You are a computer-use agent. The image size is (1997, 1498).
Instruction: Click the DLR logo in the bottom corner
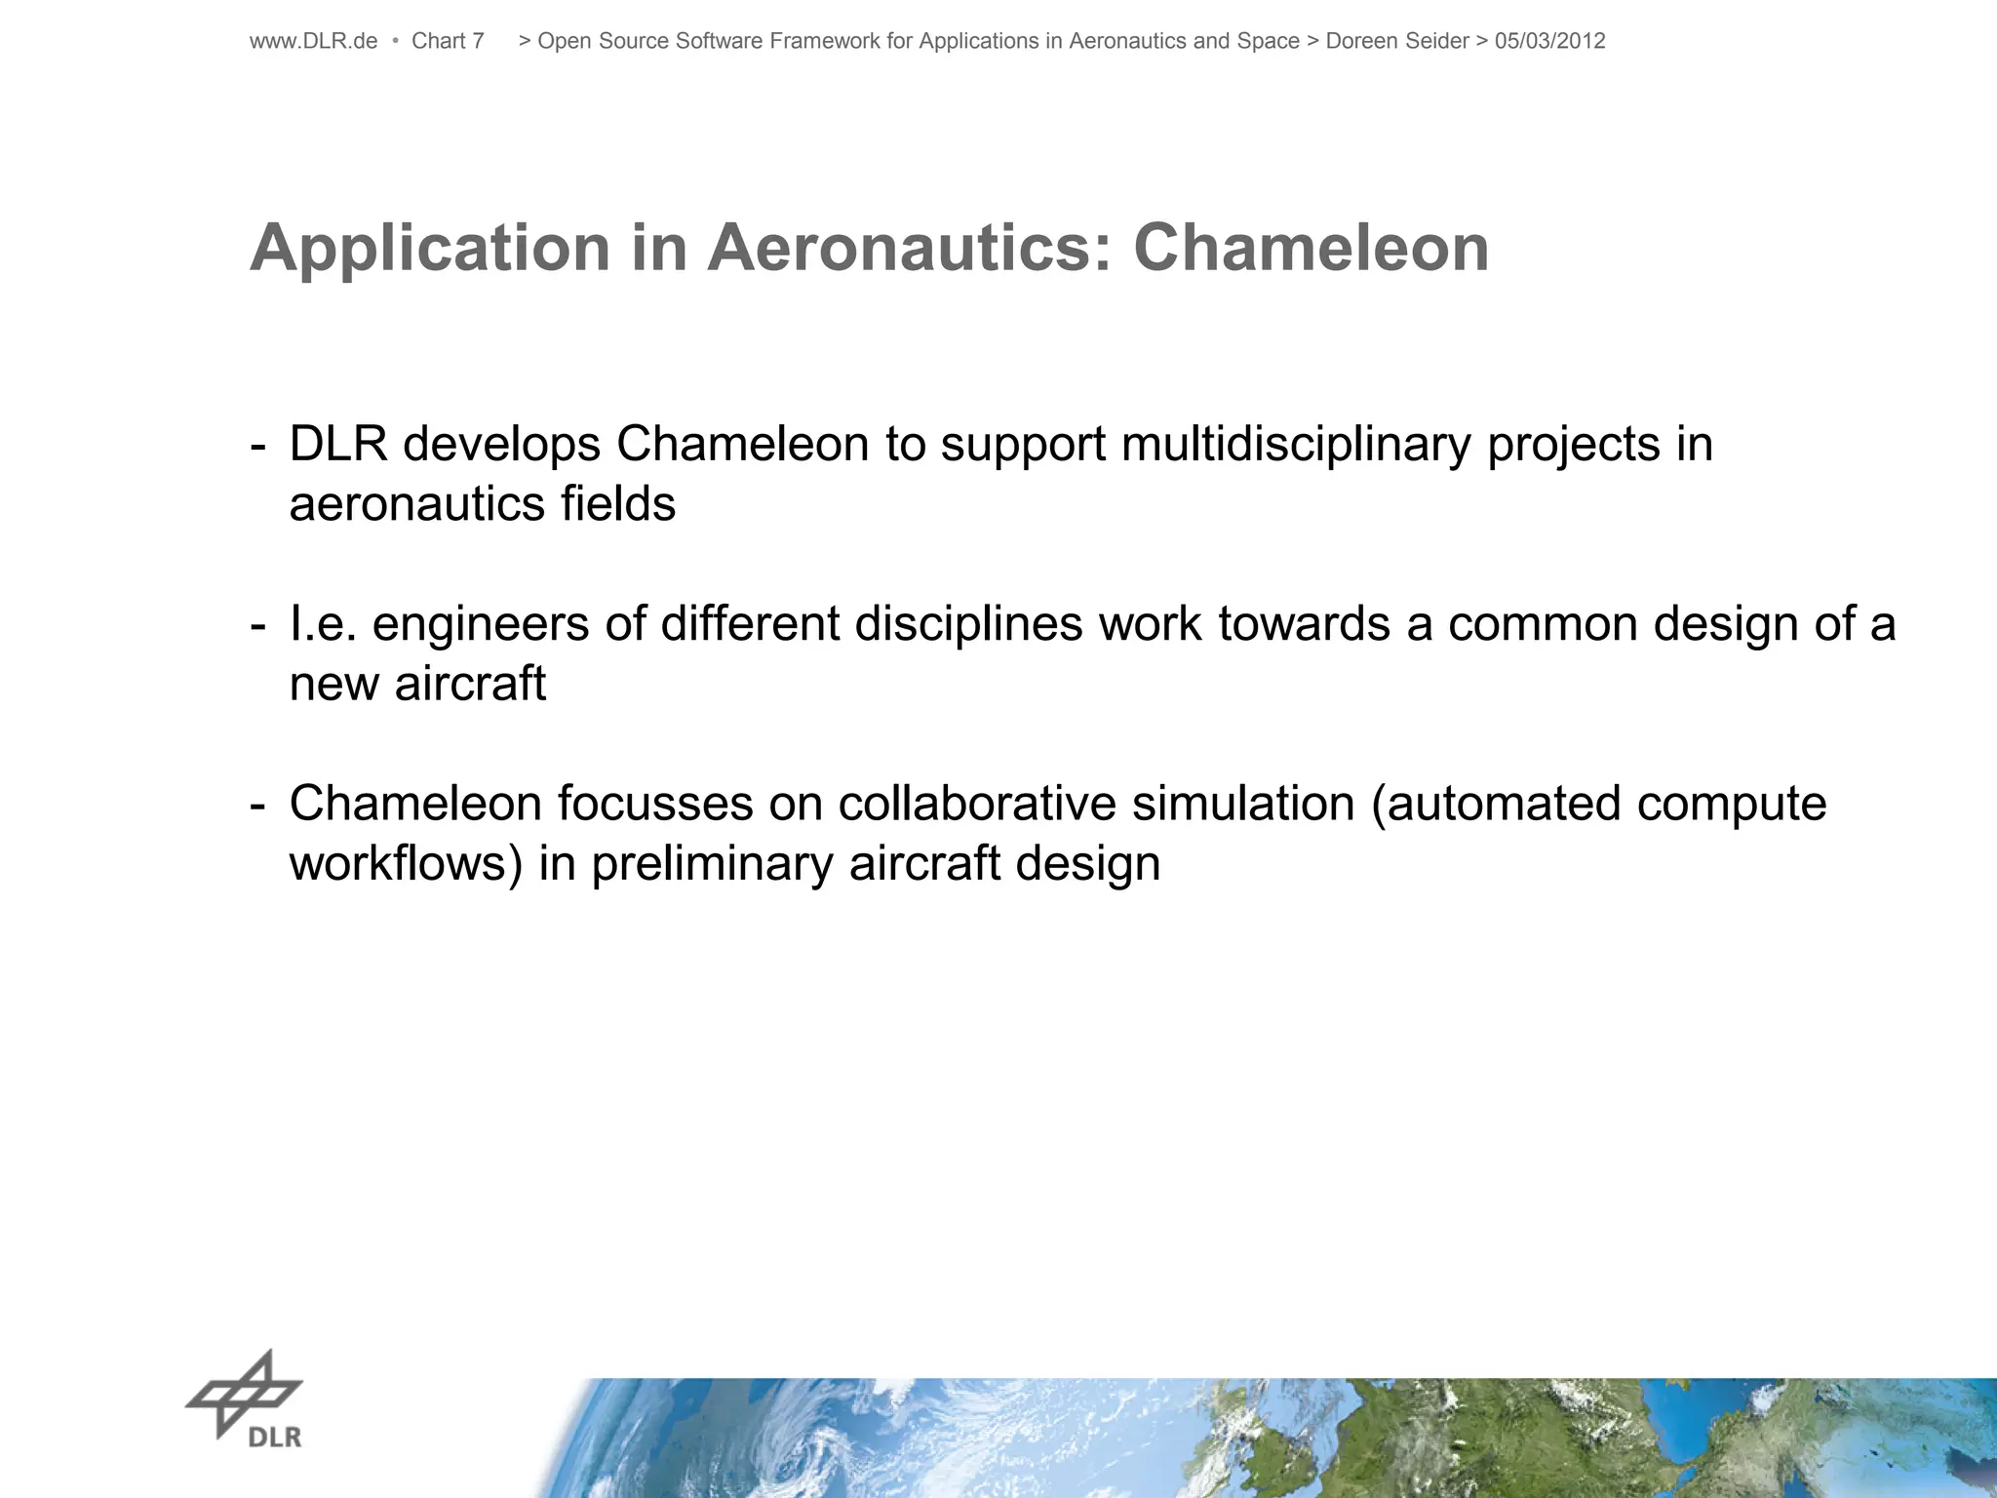click(245, 1399)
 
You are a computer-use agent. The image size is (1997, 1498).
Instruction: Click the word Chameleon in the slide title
click(1311, 249)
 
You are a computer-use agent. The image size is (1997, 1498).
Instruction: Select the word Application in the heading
click(430, 249)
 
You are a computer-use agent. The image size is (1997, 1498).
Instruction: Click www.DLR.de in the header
click(313, 41)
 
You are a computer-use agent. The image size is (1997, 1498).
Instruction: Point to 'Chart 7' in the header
click(448, 41)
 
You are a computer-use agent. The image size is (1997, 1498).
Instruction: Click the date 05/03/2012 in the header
click(1549, 41)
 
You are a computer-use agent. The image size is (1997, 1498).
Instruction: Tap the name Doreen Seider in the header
click(1396, 41)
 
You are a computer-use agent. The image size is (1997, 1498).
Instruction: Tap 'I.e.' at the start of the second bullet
click(323, 624)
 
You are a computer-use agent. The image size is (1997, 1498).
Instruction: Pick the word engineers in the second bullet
click(480, 624)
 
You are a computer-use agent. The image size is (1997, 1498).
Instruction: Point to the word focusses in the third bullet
click(655, 804)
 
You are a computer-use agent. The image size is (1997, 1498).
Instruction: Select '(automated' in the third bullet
click(1495, 804)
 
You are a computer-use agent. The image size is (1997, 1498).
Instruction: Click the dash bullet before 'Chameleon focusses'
click(257, 806)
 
